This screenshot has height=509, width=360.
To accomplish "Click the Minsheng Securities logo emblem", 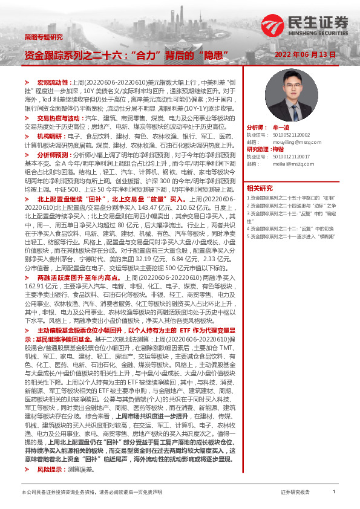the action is tap(273, 25).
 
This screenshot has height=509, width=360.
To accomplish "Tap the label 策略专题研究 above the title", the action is tap(43, 37).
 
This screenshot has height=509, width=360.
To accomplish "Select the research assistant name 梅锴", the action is tap(278, 149).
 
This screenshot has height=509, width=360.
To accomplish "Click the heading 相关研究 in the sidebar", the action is tap(260, 187).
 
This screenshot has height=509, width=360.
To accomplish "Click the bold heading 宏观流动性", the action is tap(54, 81).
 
